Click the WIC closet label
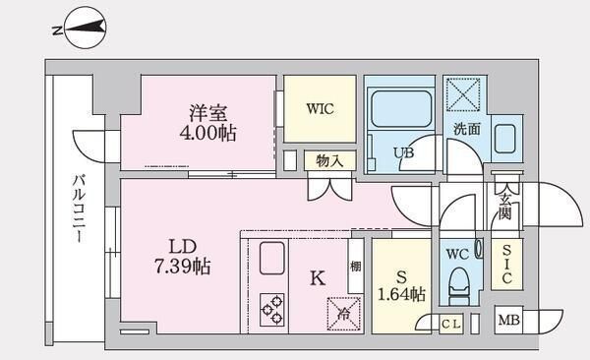pos(321,109)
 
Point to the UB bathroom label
pos(403,153)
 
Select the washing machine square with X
pos(463,95)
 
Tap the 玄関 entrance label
pos(504,206)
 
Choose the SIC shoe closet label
pos(505,264)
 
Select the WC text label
pos(456,254)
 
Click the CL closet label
pos(450,323)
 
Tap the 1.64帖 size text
pos(403,293)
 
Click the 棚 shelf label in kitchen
pos(354,267)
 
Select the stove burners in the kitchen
pos(272,310)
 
